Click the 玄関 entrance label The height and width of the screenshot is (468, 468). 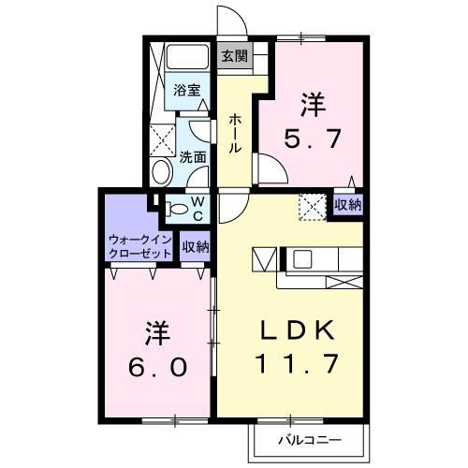(234, 55)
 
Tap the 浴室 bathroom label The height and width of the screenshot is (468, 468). (186, 91)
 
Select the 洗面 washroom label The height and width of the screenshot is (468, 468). (193, 157)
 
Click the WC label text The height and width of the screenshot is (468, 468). (198, 208)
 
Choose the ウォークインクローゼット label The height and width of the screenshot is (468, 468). (139, 246)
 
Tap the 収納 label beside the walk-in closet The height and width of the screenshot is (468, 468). (195, 247)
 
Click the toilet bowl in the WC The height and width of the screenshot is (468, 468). (177, 208)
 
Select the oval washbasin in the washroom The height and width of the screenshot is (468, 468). (161, 172)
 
